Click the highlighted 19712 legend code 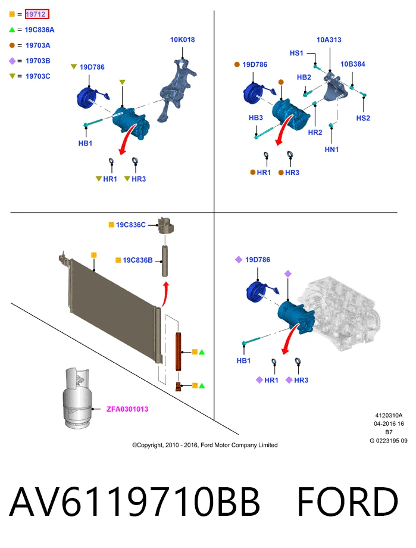coord(37,14)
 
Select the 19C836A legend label coord(39,30)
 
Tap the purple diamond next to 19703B coord(12,61)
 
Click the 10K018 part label coord(182,40)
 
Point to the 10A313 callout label coord(329,40)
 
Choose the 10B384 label coord(353,64)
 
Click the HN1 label coord(331,150)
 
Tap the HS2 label coord(363,118)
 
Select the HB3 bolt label coord(256,118)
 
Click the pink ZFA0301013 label coord(127,409)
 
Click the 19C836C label coord(131,225)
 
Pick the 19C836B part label coord(137,260)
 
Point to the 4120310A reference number coord(389,416)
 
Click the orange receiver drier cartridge coord(179,351)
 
